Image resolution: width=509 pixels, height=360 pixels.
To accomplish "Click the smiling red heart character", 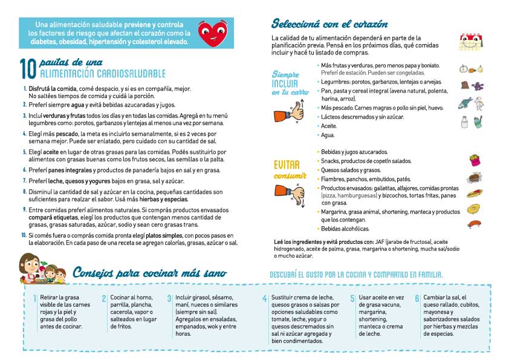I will (212, 33).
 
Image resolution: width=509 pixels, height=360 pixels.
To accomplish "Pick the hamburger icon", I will (473, 178).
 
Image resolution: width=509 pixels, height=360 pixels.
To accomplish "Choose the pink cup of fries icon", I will (474, 160).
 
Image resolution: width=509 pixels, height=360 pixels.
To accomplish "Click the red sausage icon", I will (474, 223).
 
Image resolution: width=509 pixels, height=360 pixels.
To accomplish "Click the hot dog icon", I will (474, 194).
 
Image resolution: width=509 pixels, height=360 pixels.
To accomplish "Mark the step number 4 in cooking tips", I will (264, 299).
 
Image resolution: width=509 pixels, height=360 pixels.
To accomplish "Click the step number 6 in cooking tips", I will (417, 299).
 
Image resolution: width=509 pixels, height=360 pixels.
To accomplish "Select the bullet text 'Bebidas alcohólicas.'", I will (345, 229).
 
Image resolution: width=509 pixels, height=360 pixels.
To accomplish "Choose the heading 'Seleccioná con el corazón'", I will (329, 24).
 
